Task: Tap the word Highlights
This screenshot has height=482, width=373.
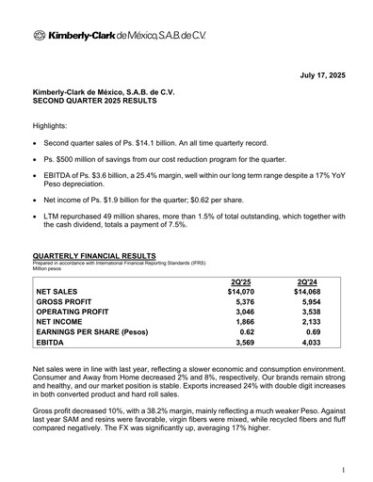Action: click(x=53, y=125)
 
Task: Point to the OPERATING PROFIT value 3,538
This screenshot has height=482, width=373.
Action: click(x=309, y=318)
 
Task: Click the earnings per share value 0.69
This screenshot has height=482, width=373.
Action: click(x=312, y=345)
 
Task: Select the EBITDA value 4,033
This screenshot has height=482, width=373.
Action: click(x=309, y=358)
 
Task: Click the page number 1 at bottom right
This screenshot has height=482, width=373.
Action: click(x=344, y=468)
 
